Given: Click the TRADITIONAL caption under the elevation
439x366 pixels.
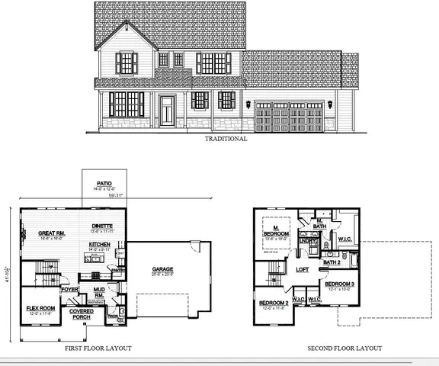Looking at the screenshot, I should click(x=226, y=140).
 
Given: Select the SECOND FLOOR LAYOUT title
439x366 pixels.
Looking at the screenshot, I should click(x=344, y=348).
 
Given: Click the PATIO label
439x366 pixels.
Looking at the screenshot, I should click(x=104, y=184).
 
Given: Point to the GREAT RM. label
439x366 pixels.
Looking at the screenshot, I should click(x=39, y=234).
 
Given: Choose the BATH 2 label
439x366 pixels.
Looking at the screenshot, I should click(x=331, y=262).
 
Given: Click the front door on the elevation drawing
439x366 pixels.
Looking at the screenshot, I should click(x=167, y=111).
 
